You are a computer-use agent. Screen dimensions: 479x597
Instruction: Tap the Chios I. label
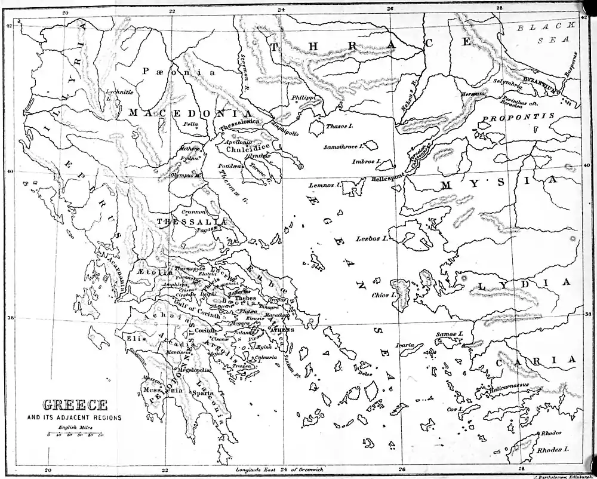pyautogui.click(x=384, y=295)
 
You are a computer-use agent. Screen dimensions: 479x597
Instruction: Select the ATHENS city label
pyautogui.click(x=282, y=330)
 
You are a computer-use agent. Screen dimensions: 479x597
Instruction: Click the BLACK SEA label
pyautogui.click(x=546, y=33)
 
